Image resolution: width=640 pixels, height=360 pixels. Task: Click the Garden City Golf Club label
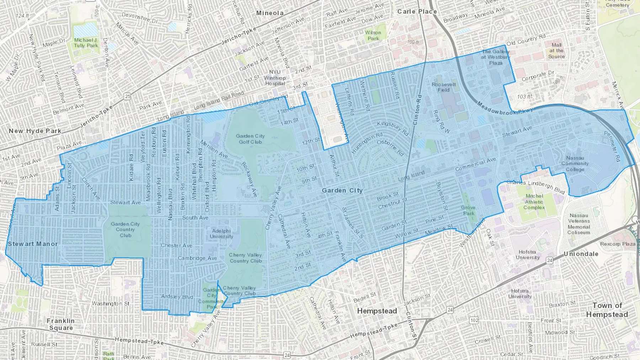tap(250, 139)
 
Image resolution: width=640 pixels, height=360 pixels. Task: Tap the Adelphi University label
tap(221, 233)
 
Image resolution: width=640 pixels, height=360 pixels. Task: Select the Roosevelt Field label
tap(443, 87)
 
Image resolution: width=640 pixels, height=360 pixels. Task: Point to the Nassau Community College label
tap(575, 163)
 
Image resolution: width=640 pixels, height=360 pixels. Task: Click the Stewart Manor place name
tap(32, 244)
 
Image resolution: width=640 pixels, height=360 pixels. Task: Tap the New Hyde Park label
tap(35, 131)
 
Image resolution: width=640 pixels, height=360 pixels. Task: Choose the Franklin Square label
tap(61, 324)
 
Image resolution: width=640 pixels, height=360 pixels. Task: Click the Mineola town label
tap(270, 13)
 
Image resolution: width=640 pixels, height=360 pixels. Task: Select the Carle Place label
tap(417, 11)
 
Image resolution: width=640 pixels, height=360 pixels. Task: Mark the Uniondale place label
tap(581, 254)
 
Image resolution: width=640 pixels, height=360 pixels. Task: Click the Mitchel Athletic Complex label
tap(534, 202)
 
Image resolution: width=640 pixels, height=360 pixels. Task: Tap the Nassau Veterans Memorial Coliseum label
tap(578, 224)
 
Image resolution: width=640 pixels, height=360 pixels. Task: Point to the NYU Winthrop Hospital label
tap(274, 77)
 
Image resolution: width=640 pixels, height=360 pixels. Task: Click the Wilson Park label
tap(373, 35)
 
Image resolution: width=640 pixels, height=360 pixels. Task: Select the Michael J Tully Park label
tap(86, 43)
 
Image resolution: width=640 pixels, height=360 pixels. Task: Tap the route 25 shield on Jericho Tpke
tap(127, 96)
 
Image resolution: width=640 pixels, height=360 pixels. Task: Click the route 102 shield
tap(474, 320)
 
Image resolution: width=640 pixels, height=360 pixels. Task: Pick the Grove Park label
tap(468, 210)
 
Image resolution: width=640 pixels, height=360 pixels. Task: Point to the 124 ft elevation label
tap(22, 16)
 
